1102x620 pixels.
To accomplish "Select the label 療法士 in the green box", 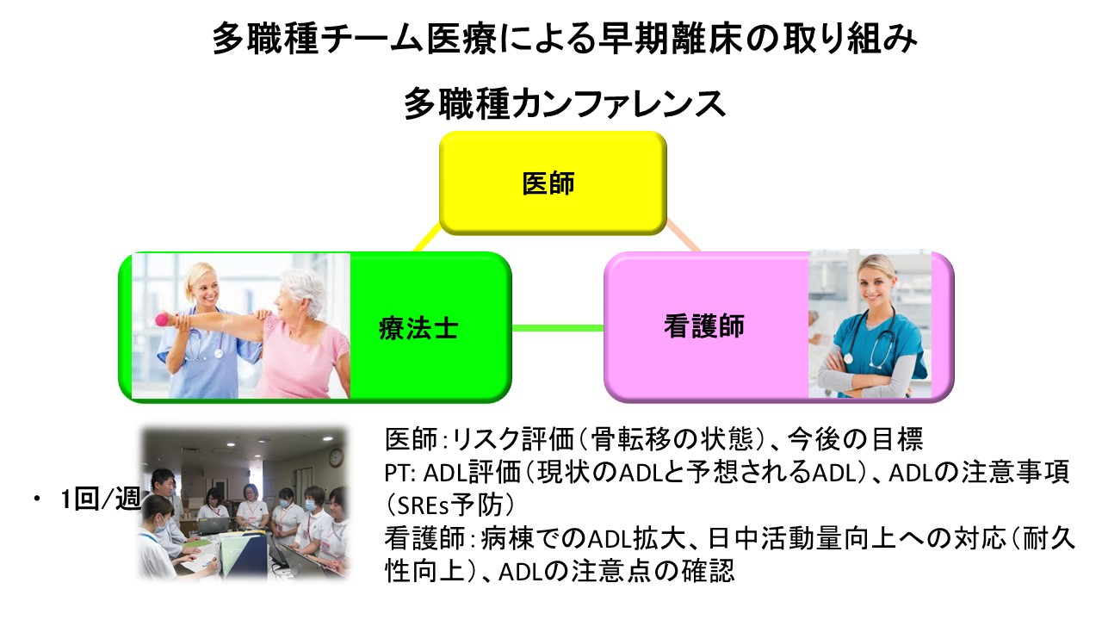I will pyautogui.click(x=418, y=328).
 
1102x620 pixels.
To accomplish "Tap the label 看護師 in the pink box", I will pyautogui.click(x=703, y=326).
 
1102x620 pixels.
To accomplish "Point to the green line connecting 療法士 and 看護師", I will pyautogui.click(x=558, y=327).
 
